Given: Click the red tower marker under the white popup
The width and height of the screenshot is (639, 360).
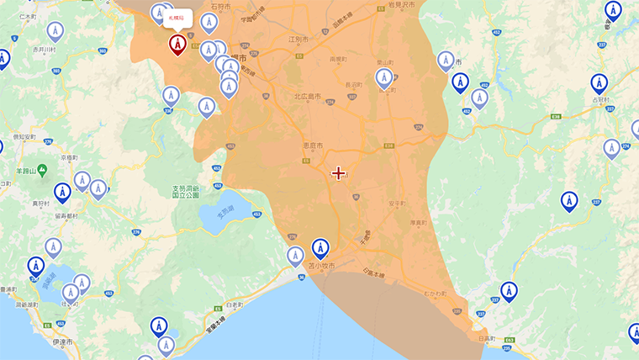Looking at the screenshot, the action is [x=177, y=43].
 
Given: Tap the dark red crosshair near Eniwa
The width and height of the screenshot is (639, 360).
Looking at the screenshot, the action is [x=338, y=173].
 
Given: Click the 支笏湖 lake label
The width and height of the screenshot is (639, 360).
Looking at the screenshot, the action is [x=224, y=210].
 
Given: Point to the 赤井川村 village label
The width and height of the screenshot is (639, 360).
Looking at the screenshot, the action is [x=44, y=50].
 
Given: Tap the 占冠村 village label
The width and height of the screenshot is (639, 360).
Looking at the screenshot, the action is [x=603, y=99].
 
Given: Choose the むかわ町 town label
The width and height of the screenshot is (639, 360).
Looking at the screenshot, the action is [x=435, y=293].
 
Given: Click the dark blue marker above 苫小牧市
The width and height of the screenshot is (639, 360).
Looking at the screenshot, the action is [x=320, y=248].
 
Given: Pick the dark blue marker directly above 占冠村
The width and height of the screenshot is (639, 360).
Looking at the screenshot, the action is [x=599, y=82].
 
